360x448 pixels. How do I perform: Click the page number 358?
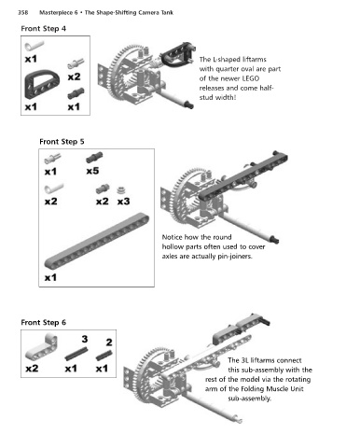22,12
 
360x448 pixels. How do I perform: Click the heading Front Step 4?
44,29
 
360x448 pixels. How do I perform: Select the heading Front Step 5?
62,142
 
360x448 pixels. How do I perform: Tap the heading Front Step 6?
44,322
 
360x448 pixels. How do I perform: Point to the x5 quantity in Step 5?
92,171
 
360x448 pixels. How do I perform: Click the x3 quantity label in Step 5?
123,202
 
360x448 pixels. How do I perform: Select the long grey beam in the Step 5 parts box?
97,241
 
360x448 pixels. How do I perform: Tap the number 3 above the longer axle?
85,339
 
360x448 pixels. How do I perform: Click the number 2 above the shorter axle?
109,343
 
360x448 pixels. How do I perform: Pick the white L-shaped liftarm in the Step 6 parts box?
41,348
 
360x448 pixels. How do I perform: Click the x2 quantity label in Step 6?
32,369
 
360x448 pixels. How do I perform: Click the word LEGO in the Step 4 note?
251,78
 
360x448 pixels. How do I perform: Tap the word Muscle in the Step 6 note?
283,389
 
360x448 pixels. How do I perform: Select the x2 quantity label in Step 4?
74,77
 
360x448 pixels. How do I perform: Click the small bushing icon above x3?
121,189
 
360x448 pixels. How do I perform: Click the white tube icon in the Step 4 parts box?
35,46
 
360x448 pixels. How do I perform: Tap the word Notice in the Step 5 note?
172,237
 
